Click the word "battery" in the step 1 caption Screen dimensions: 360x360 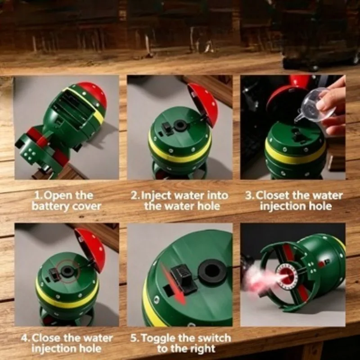[x=50, y=206]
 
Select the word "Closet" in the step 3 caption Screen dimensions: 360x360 [x=272, y=195]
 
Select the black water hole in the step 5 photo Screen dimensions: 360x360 [x=211, y=272]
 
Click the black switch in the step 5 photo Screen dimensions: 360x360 [x=184, y=279]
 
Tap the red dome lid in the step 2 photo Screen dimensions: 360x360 [x=203, y=104]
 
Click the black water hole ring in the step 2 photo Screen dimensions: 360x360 [x=180, y=126]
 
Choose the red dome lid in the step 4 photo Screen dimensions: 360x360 [x=91, y=250]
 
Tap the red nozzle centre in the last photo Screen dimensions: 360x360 [x=287, y=274]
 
